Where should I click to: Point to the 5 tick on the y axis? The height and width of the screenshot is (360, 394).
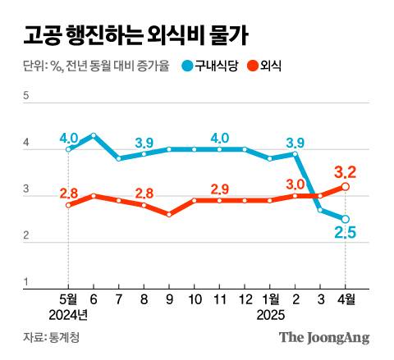(26, 97)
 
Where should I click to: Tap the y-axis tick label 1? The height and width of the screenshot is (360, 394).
(26, 282)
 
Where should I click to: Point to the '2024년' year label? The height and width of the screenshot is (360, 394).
(68, 315)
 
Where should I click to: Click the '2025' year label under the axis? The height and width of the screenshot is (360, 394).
(270, 315)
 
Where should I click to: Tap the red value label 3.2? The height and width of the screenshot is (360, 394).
(345, 172)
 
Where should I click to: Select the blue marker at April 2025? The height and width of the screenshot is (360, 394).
(346, 219)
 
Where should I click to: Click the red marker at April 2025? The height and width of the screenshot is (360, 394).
(346, 187)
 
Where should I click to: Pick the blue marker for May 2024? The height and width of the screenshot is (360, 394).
(68, 149)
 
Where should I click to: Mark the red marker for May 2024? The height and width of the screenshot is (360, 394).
(68, 205)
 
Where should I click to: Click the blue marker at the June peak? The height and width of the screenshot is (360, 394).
(94, 135)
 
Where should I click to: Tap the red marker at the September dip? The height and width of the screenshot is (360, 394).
(169, 214)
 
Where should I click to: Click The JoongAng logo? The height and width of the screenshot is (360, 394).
(324, 337)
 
